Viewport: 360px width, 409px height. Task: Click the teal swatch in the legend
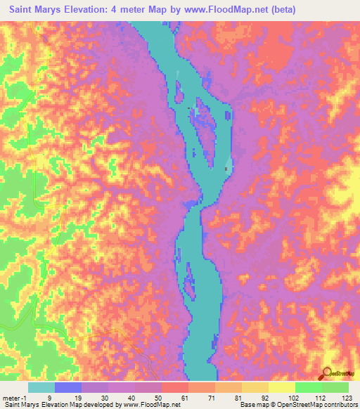(41, 387)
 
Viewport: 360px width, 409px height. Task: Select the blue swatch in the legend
(68, 387)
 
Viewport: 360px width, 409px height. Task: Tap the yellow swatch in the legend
(282, 387)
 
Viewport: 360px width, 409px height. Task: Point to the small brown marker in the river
(226, 168)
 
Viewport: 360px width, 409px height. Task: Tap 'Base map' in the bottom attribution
(252, 405)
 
